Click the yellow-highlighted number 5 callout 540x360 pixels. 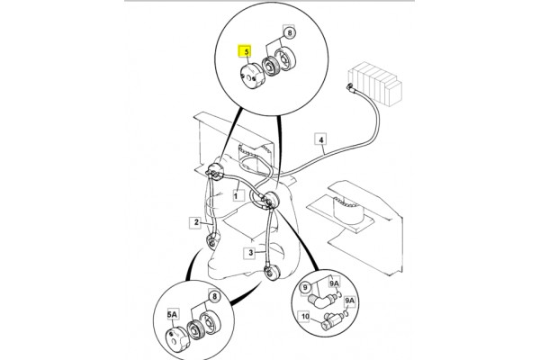click(x=246, y=51)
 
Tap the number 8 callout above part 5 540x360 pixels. click(x=290, y=32)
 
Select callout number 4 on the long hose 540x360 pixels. click(x=321, y=139)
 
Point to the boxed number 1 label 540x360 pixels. click(x=236, y=196)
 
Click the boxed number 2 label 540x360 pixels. click(x=196, y=222)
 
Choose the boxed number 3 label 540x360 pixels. click(x=251, y=253)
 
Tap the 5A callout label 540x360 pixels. click(x=172, y=314)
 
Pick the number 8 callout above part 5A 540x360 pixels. click(x=214, y=296)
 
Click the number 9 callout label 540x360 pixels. click(x=305, y=287)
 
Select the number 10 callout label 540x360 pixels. click(x=305, y=316)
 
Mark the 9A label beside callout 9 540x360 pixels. click(x=334, y=283)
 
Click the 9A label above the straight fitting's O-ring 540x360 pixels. click(x=349, y=301)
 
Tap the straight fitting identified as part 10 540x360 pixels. click(x=331, y=320)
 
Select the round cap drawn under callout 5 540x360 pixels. click(x=251, y=76)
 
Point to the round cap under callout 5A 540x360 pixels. click(x=177, y=339)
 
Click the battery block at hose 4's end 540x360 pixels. click(x=374, y=84)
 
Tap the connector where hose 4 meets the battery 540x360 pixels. click(x=351, y=86)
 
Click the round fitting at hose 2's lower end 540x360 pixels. click(x=212, y=241)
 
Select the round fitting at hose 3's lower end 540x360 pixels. click(x=272, y=272)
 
